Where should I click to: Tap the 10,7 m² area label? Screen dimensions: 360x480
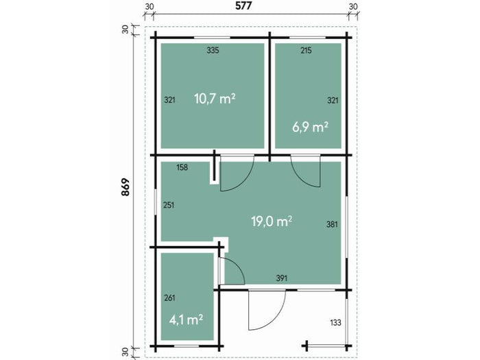point(215,98)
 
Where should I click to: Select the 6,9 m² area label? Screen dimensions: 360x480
point(310,126)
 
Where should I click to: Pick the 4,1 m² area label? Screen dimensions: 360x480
point(186,319)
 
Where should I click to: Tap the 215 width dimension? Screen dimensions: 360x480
point(307,51)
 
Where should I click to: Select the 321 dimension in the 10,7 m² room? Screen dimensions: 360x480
point(170,99)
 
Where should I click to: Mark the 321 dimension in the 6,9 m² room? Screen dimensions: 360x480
point(333,100)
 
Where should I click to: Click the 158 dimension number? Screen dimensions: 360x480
point(182,167)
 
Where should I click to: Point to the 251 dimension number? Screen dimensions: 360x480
point(169,205)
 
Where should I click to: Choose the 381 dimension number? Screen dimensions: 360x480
point(333,224)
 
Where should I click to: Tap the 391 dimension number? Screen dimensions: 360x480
point(280,278)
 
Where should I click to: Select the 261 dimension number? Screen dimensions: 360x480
point(170,298)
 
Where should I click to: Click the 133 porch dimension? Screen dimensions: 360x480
point(336,322)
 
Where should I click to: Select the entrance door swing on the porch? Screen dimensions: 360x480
point(265,309)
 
